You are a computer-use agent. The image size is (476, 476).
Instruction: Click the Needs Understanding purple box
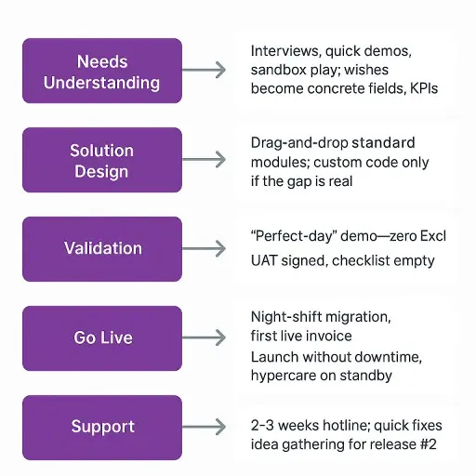(102, 71)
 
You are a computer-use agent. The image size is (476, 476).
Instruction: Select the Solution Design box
(102, 160)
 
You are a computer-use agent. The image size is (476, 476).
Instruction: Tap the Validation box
(102, 249)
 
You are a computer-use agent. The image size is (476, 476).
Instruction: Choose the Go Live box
(102, 338)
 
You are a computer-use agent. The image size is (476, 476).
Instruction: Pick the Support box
(102, 428)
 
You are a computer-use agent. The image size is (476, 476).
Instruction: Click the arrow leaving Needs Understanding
(204, 70)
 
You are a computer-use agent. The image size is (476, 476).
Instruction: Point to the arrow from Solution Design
(204, 160)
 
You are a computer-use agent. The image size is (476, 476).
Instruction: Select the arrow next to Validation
(204, 248)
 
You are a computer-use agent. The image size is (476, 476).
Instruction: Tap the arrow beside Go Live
(204, 337)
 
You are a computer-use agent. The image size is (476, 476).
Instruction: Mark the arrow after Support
(204, 427)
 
